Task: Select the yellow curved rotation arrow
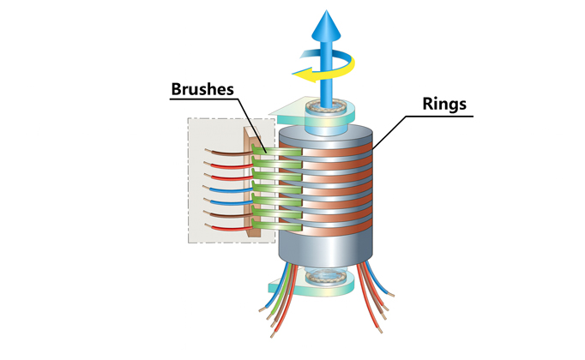click(x=314, y=78)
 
